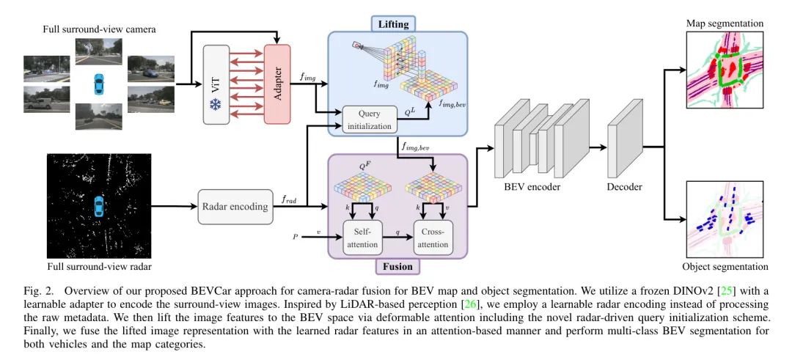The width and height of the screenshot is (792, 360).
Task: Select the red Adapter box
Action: point(278,84)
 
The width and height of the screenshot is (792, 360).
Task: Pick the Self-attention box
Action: point(364,238)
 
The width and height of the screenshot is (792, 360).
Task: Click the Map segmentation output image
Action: point(724,73)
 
